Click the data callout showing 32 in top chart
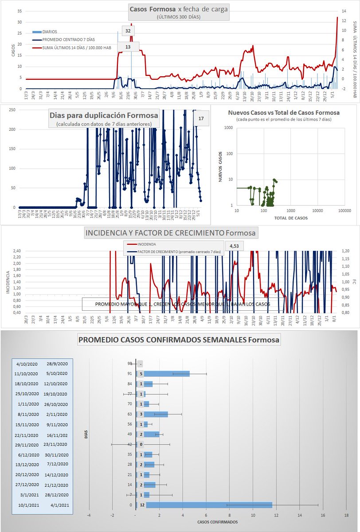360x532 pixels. point(128,31)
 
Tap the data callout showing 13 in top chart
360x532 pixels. point(128,47)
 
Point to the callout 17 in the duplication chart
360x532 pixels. point(201,118)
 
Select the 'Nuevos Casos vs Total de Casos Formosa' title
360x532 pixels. point(283,113)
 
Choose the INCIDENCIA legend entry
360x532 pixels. point(147,244)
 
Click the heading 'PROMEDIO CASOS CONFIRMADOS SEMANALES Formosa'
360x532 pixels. point(179,340)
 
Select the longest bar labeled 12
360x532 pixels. point(209,505)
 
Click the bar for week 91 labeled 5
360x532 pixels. point(167,374)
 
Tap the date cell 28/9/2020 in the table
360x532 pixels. point(57,364)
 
